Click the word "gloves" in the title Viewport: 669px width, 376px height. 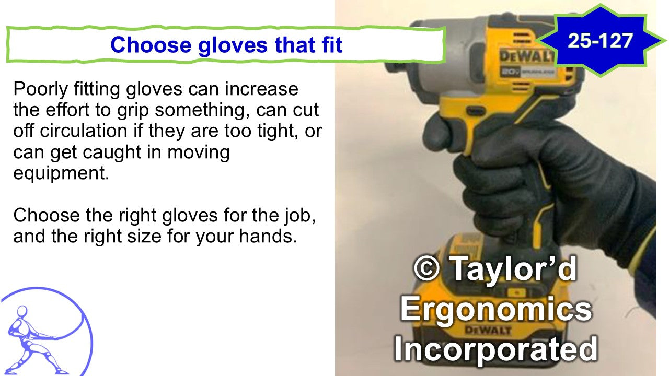coord(233,45)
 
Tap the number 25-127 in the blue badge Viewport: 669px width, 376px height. coord(601,41)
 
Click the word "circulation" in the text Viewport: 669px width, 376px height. coord(84,131)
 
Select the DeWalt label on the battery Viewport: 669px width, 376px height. coord(488,330)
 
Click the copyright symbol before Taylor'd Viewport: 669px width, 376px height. coord(427,268)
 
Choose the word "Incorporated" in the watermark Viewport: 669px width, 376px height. coord(496,349)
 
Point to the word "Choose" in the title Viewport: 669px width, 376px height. coord(151,45)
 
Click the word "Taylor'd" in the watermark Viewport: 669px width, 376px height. coord(513,268)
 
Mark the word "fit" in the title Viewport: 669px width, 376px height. coord(332,45)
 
